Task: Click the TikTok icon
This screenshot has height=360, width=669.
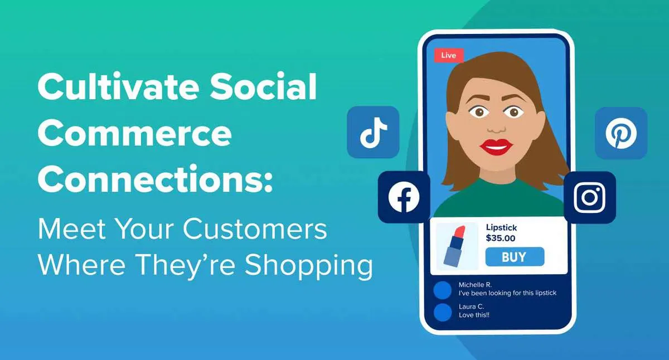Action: coord(373,132)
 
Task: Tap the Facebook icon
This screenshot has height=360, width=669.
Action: coord(404,197)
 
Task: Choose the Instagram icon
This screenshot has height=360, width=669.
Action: coord(589,197)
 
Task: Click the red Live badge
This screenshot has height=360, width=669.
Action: coord(448,55)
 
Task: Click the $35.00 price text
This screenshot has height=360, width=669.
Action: coord(501,238)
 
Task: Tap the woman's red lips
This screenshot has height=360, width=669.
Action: coord(496,147)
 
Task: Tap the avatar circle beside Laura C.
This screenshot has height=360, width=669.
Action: coord(443,312)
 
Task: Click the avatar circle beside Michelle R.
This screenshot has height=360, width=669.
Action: coord(443,289)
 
